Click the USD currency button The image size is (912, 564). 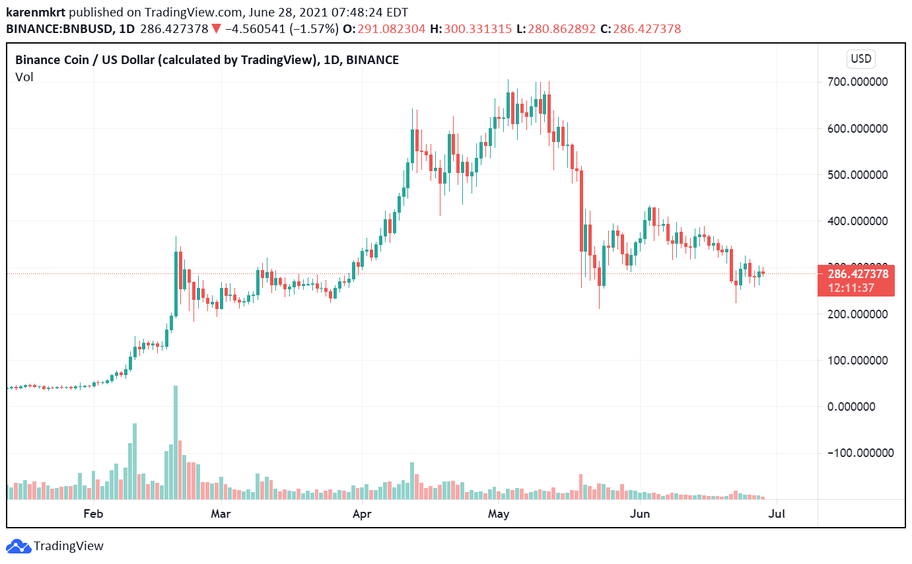[861, 59]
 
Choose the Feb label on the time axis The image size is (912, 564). [94, 513]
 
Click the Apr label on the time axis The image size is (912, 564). [362, 513]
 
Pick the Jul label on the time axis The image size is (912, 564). [778, 513]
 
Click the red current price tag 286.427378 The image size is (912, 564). [856, 274]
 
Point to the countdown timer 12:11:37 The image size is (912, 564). [856, 288]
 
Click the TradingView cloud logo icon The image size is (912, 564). [18, 546]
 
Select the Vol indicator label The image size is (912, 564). [24, 77]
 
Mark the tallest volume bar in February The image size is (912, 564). [176, 442]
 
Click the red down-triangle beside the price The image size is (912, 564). [215, 29]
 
